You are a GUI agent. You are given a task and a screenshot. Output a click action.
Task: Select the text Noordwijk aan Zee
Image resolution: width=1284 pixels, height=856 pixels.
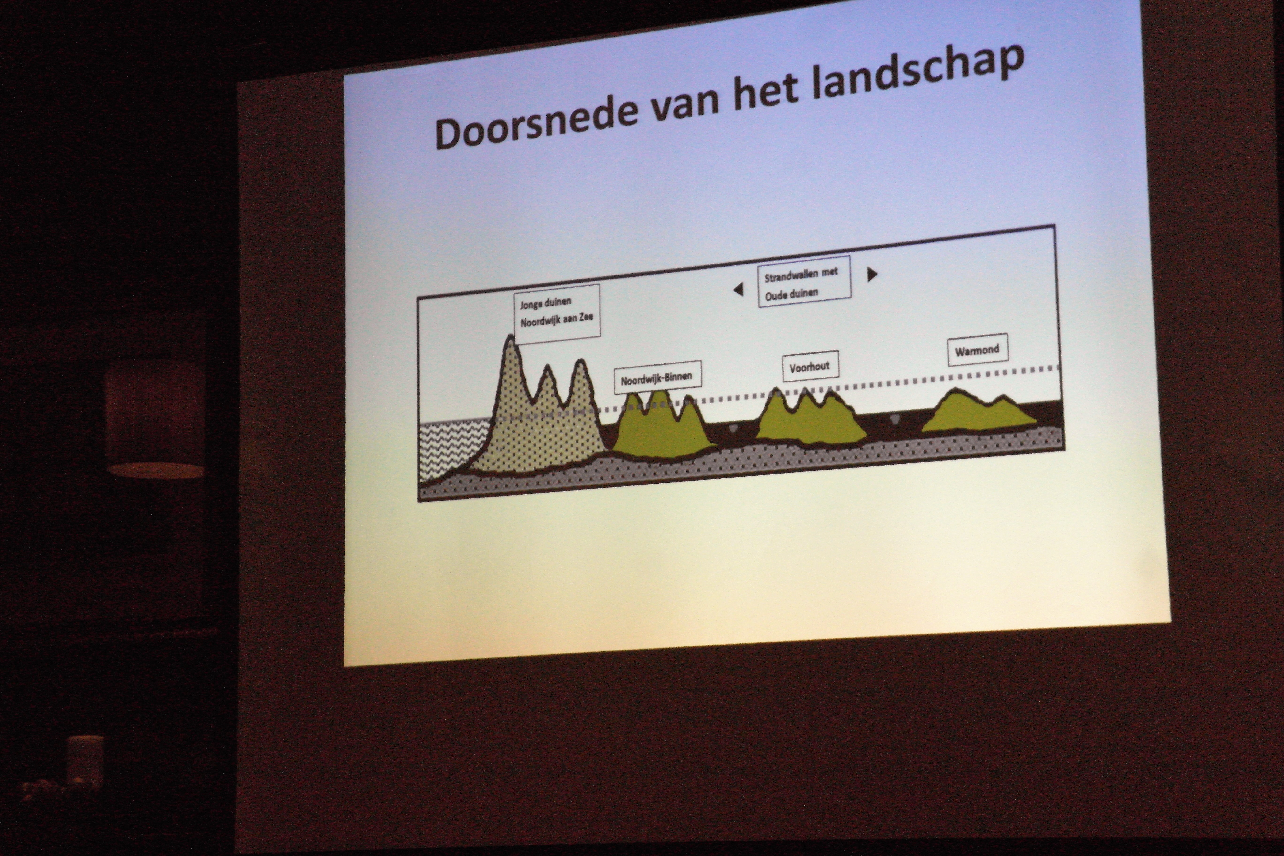(556, 319)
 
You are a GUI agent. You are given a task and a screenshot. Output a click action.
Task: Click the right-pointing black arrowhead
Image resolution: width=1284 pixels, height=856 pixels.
(872, 274)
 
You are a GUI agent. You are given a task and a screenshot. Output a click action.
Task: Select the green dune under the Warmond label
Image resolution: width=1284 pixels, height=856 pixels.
(977, 412)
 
